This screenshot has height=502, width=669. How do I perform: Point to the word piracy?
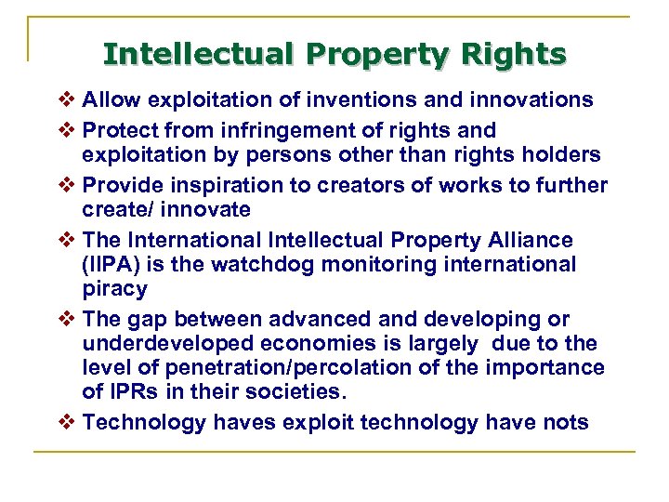coord(114,289)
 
